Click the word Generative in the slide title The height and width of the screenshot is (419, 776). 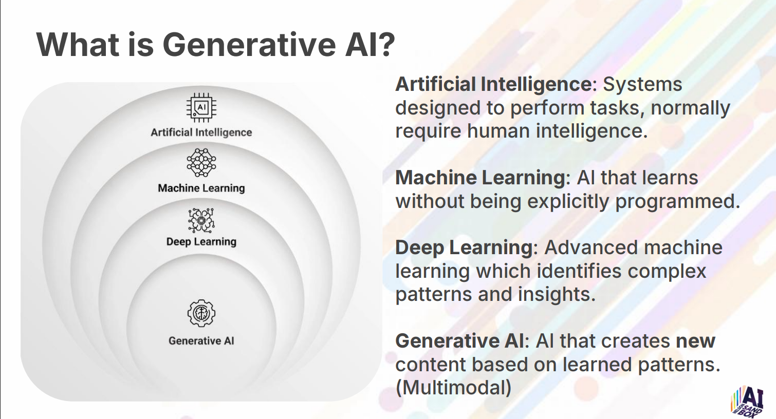tap(249, 45)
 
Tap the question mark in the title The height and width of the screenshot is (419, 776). tap(385, 45)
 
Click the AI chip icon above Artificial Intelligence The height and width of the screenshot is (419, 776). tap(201, 107)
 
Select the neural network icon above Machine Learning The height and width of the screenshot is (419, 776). tap(201, 163)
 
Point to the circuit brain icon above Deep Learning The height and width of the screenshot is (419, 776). tap(201, 220)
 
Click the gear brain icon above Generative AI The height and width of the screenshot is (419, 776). tap(201, 313)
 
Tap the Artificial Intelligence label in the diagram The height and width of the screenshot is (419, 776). tap(201, 132)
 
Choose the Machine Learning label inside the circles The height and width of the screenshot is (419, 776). tap(201, 188)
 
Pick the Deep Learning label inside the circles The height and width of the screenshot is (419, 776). tap(201, 242)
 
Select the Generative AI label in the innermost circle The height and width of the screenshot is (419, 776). tap(201, 341)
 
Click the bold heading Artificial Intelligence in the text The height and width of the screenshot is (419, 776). tap(494, 85)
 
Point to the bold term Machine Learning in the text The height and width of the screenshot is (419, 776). tap(481, 178)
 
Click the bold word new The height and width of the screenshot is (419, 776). tap(696, 341)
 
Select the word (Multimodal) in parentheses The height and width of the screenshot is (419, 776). tap(453, 388)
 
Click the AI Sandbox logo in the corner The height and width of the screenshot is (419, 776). tap(747, 402)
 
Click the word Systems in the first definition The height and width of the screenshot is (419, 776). tap(642, 85)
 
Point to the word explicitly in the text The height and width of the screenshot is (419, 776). tap(568, 202)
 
